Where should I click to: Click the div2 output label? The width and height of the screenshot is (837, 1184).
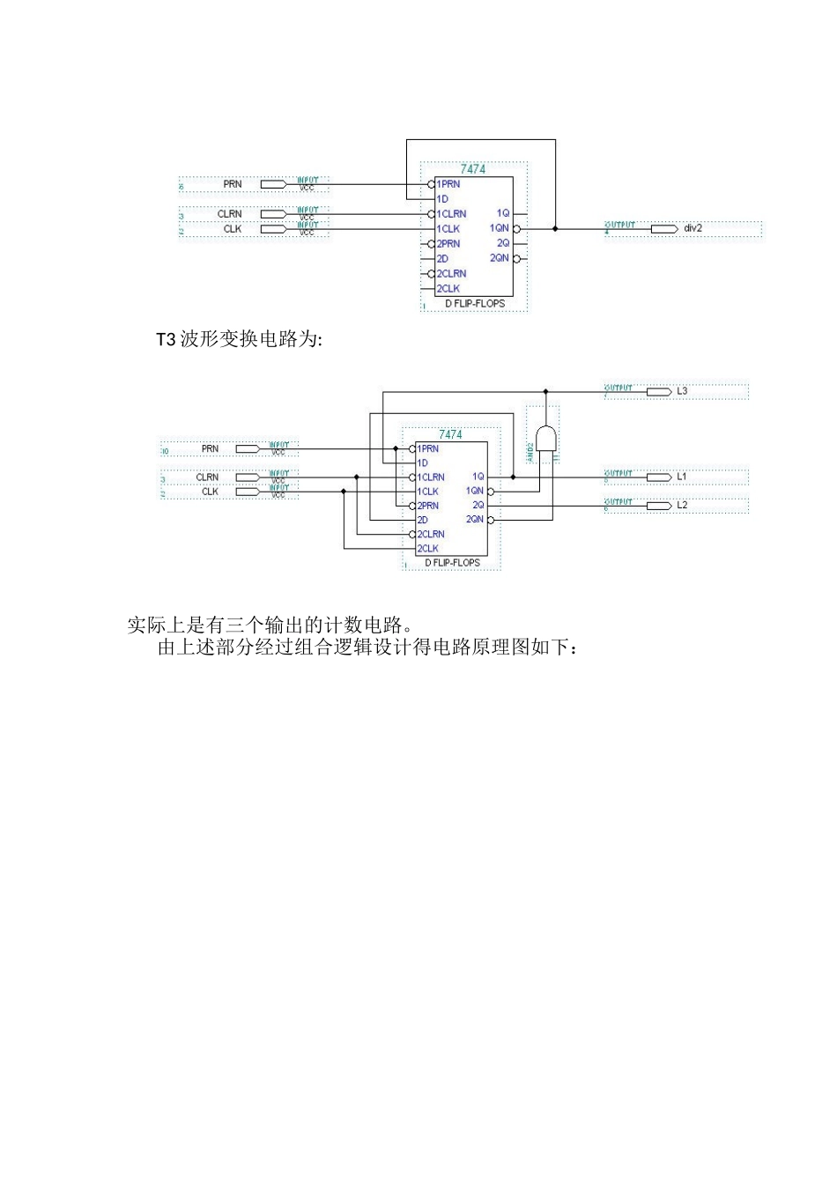pos(693,228)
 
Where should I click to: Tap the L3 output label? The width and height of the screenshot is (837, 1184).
pos(682,390)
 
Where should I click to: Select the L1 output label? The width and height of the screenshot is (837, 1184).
pos(682,477)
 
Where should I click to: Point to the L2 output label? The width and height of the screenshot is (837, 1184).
pos(682,505)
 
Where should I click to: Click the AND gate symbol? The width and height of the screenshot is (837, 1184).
pos(546,439)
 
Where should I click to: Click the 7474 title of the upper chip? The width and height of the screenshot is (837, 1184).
pos(473,169)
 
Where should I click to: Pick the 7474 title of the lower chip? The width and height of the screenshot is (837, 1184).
pos(450,434)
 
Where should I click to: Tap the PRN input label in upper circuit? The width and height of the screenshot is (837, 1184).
pos(232,184)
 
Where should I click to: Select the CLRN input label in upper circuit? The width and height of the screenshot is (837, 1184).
pos(229,214)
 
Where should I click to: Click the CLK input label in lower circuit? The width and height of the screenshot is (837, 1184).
pos(210,492)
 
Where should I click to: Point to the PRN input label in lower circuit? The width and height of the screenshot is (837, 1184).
pos(210,448)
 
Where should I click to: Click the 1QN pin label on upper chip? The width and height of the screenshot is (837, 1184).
pos(500,228)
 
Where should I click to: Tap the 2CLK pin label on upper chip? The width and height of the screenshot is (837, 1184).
pos(448,288)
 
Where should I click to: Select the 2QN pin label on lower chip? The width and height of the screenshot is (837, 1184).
pos(475,520)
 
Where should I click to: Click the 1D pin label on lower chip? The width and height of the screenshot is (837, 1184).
pos(423,462)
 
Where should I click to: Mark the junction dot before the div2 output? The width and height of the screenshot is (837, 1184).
pos(555,228)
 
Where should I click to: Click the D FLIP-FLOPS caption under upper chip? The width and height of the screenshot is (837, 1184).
pos(474,303)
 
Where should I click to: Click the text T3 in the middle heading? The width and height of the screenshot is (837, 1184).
pos(167,340)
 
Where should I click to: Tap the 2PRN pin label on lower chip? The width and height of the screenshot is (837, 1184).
pos(428,506)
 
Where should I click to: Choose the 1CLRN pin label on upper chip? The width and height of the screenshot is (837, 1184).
pos(452,214)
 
